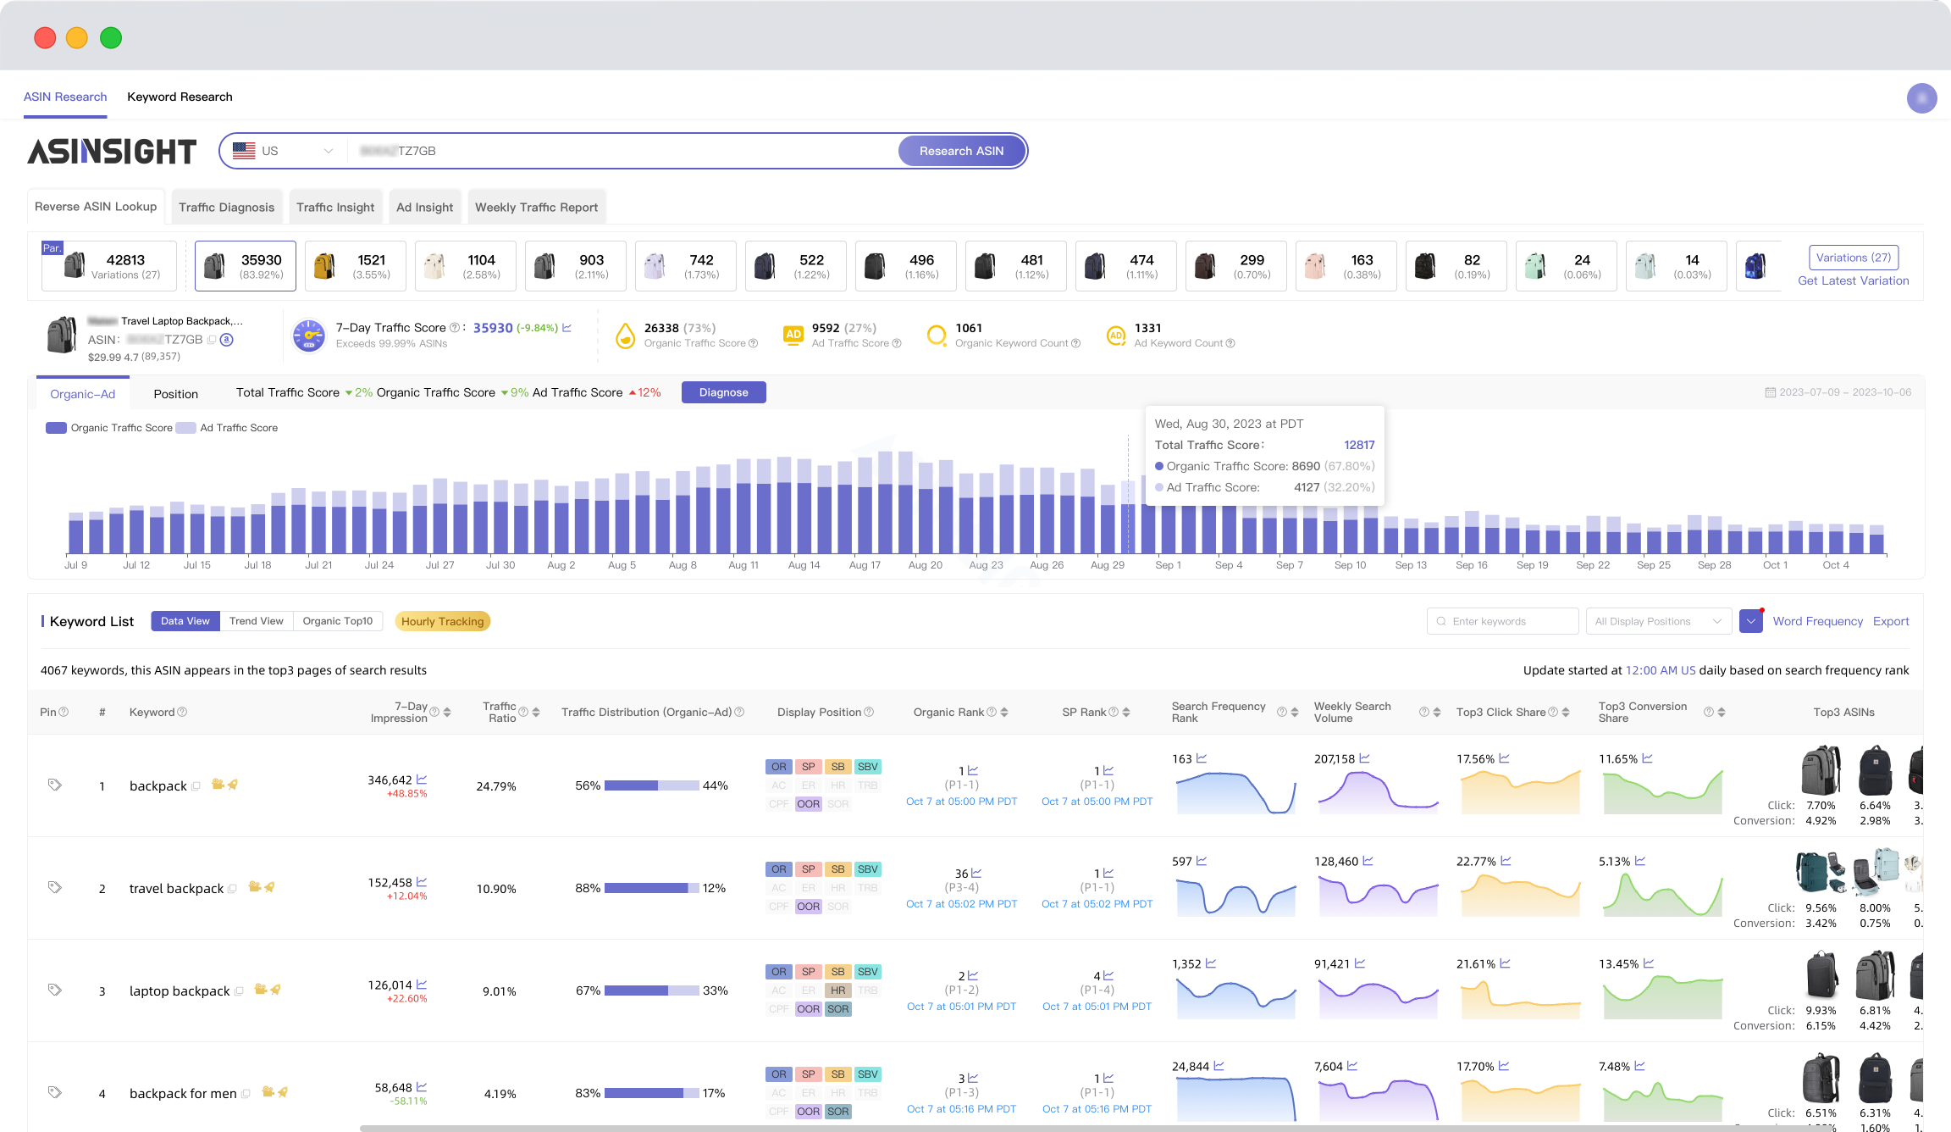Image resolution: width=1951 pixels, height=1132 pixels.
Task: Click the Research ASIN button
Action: click(961, 151)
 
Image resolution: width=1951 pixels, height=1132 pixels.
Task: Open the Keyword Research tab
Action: click(180, 97)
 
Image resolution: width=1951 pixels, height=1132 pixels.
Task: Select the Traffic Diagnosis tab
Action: click(226, 207)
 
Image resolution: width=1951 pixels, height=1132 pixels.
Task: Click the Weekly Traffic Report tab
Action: click(536, 207)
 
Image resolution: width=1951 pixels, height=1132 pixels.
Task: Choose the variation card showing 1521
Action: click(356, 266)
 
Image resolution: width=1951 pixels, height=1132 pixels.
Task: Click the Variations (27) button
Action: click(1853, 258)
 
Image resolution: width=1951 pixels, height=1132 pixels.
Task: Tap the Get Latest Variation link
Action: click(1853, 280)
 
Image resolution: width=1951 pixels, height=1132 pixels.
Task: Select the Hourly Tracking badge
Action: click(442, 621)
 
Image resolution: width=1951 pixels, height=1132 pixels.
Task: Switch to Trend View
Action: click(256, 621)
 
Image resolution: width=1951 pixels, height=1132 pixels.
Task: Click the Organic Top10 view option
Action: click(337, 621)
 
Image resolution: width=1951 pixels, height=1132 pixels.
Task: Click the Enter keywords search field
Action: click(1503, 621)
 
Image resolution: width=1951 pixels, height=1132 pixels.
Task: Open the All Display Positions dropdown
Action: click(1657, 621)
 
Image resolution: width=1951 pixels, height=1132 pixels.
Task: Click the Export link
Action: click(1891, 621)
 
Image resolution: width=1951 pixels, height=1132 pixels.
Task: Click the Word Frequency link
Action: click(1817, 621)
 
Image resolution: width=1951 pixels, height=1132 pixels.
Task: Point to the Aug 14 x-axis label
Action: click(804, 565)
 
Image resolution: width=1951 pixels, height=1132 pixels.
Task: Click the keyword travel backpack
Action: click(176, 888)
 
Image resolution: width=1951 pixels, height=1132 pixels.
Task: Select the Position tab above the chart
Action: click(175, 394)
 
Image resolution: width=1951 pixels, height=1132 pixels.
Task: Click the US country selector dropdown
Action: click(283, 151)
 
